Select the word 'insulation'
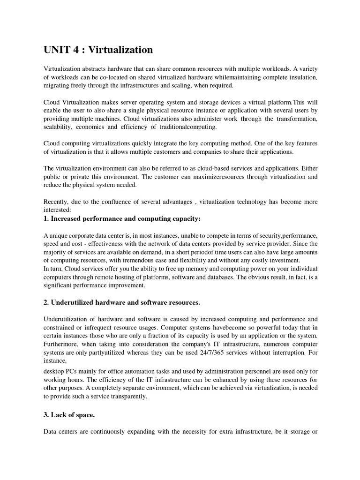300,77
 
